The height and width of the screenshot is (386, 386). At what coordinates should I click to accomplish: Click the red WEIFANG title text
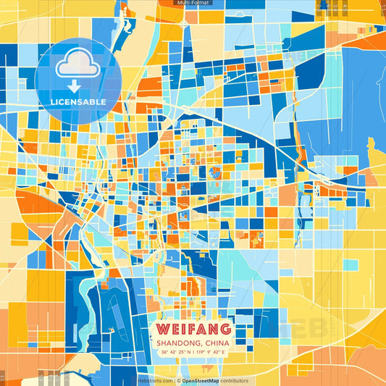[193, 329]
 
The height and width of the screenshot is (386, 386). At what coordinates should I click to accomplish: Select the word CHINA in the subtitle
[216, 343]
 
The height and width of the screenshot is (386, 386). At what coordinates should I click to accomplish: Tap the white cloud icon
[78, 64]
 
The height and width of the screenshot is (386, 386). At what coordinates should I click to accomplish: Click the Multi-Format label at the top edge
[193, 3]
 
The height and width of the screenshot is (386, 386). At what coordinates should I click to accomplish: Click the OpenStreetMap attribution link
[206, 380]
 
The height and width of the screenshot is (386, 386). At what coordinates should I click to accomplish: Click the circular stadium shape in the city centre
[214, 172]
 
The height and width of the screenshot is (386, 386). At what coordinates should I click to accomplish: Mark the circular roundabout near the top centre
[184, 24]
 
